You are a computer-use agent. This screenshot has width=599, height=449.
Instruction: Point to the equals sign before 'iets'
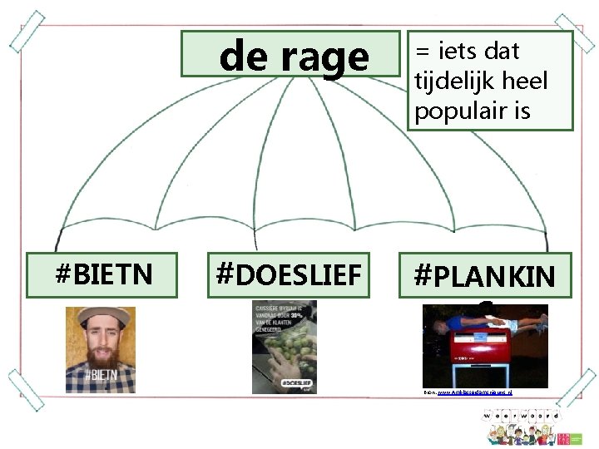point(423,52)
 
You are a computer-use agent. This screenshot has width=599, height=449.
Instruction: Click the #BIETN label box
point(102,275)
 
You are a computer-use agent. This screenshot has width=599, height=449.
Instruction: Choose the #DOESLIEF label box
point(288,275)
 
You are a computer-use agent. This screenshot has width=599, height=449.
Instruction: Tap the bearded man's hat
point(100,317)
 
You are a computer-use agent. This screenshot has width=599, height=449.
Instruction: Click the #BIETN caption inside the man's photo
point(101,376)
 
